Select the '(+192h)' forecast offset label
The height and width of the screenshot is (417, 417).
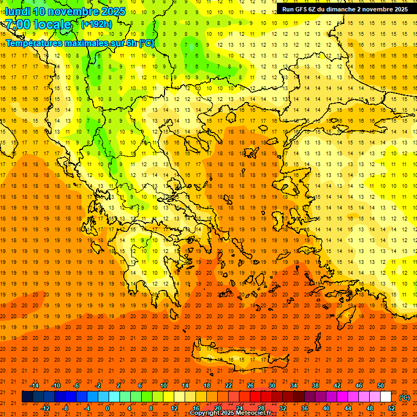(x=97, y=24)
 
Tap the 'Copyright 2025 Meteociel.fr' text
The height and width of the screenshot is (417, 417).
(x=230, y=413)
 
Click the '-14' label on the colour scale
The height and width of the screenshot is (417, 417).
(x=34, y=386)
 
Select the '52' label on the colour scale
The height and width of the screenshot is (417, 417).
(x=391, y=408)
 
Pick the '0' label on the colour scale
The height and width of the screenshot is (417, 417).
(x=108, y=408)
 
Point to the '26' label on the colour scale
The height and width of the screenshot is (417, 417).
(x=250, y=386)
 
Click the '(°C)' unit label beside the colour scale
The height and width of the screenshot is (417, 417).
(x=404, y=397)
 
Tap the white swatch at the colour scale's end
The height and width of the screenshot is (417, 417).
(x=386, y=397)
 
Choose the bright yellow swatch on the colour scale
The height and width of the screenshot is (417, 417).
(x=168, y=397)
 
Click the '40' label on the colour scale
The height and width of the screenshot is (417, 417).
(x=326, y=408)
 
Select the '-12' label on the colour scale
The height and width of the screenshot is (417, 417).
(x=45, y=408)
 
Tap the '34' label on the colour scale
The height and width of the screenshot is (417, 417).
(x=294, y=386)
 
